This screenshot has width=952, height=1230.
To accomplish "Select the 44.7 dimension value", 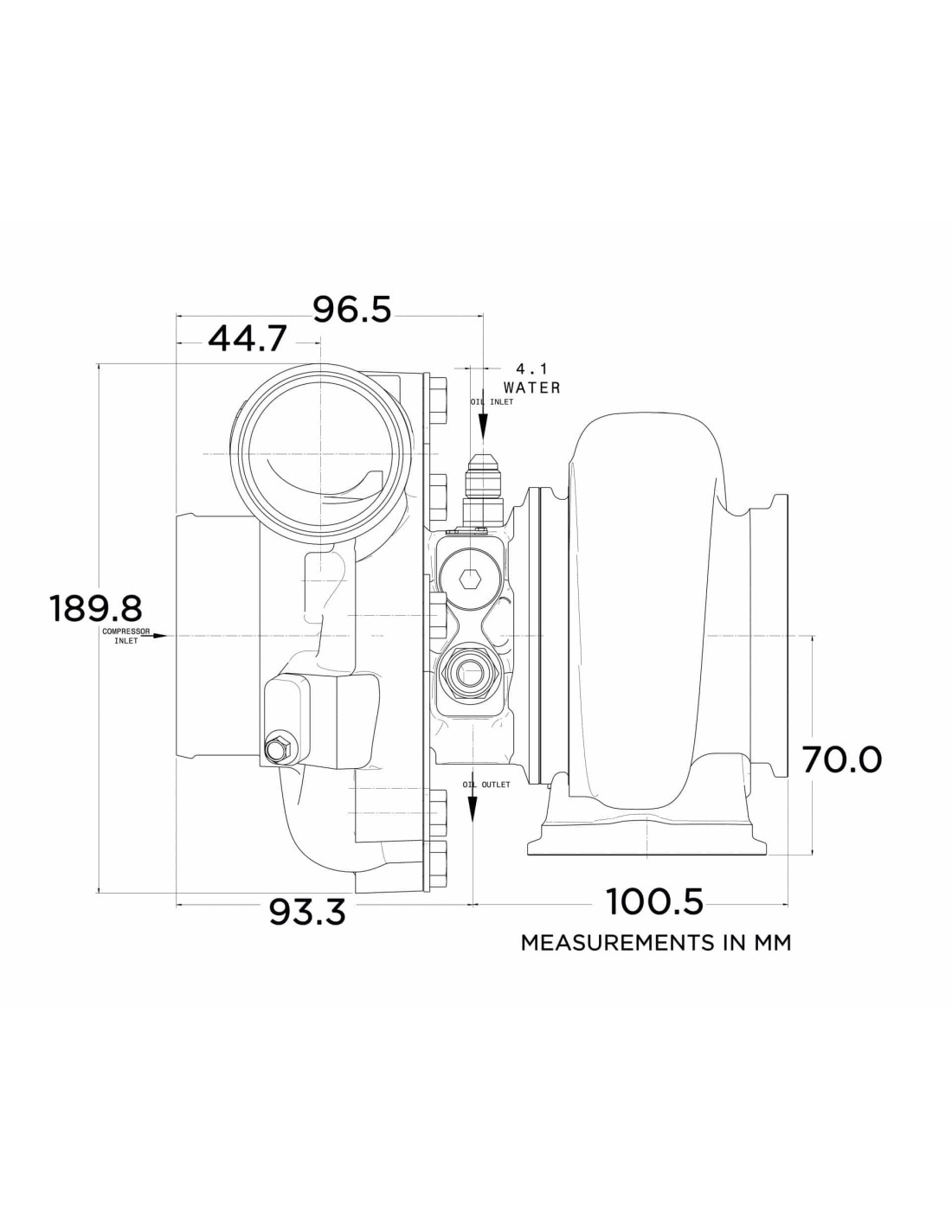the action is tap(247, 338).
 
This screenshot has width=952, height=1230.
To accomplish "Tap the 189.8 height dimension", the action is tap(95, 608).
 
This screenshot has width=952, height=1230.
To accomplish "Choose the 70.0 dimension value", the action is tap(842, 759).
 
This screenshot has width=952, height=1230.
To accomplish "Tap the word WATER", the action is tap(531, 388).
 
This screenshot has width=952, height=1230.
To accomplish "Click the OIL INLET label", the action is tap(492, 402).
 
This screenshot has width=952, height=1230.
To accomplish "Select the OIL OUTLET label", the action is tap(486, 785).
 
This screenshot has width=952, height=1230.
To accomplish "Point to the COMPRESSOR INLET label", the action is tap(126, 637).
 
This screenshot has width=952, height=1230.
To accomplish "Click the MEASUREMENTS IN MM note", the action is tap(655, 943).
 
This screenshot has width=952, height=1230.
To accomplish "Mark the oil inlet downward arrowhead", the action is tap(483, 427).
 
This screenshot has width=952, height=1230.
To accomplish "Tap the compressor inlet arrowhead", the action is tap(160, 637).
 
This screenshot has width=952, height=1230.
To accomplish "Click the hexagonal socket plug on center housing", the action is tap(468, 579).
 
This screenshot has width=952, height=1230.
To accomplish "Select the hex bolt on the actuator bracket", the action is tap(278, 749).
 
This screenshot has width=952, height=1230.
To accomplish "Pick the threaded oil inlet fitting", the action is tap(482, 487).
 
